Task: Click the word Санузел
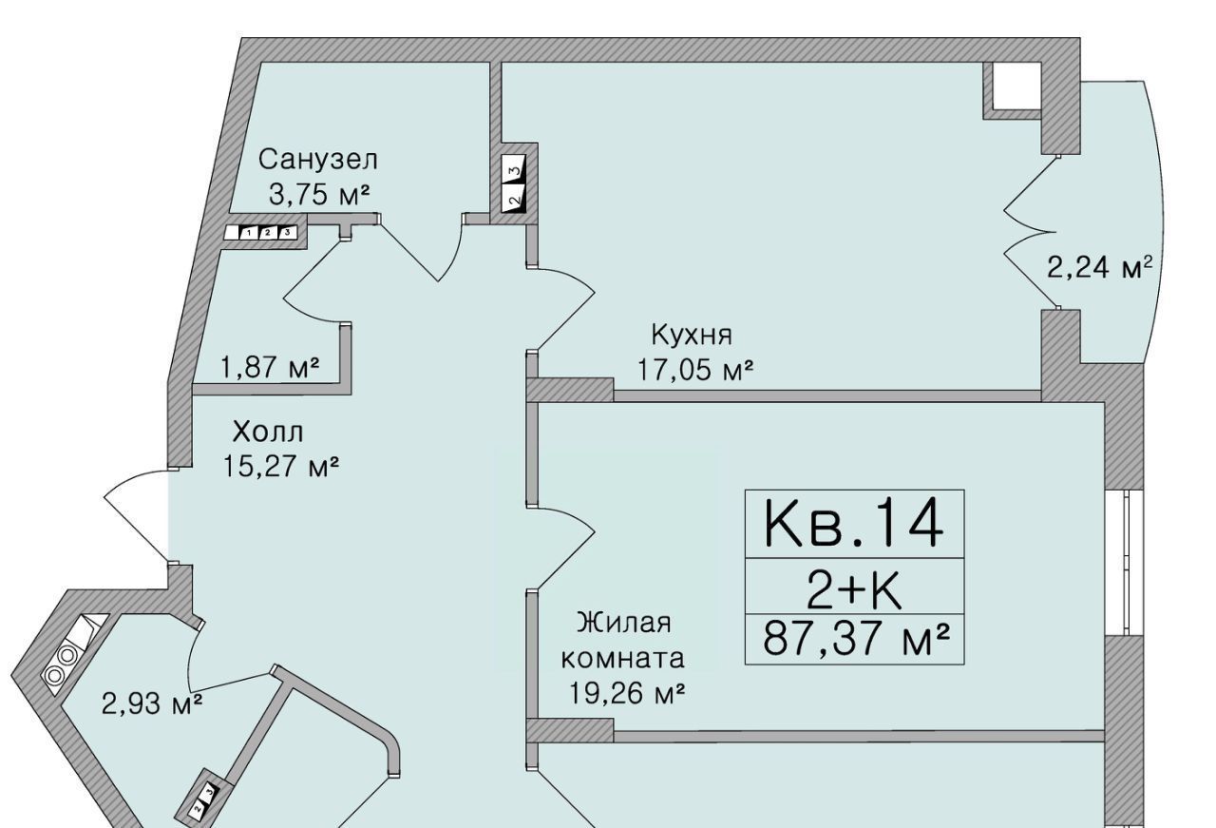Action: (317, 160)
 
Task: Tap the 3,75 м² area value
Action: (319, 193)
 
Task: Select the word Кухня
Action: (692, 335)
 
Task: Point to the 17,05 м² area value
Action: (694, 370)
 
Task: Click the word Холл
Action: (268, 433)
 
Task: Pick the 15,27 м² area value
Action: (280, 466)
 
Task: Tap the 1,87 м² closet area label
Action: (269, 367)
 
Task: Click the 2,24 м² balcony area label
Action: (1099, 268)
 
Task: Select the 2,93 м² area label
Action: (152, 704)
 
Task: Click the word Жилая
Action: (624, 623)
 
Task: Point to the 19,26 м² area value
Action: (626, 693)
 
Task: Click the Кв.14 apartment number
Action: (853, 523)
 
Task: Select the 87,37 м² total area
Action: (856, 640)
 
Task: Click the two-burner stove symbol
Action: (60, 665)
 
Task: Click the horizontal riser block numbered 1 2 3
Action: (261, 233)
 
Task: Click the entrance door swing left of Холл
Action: (136, 517)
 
